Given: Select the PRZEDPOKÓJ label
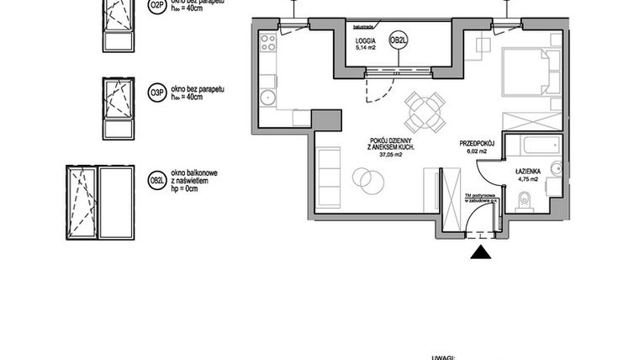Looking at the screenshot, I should (480, 143).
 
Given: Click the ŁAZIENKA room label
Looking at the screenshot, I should (532, 170).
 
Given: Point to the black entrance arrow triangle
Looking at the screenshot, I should (480, 252).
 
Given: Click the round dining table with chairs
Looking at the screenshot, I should (425, 111).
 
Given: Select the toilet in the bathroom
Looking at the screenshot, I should (525, 200).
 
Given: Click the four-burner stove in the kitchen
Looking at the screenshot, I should (268, 41).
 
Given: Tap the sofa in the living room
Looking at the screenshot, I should (328, 177).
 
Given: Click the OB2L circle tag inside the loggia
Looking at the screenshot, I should (399, 40).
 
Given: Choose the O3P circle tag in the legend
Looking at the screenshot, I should (156, 93).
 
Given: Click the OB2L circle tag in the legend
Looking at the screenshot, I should (156, 180).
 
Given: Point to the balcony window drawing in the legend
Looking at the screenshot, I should (100, 204).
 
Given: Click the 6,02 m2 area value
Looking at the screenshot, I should (479, 152).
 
